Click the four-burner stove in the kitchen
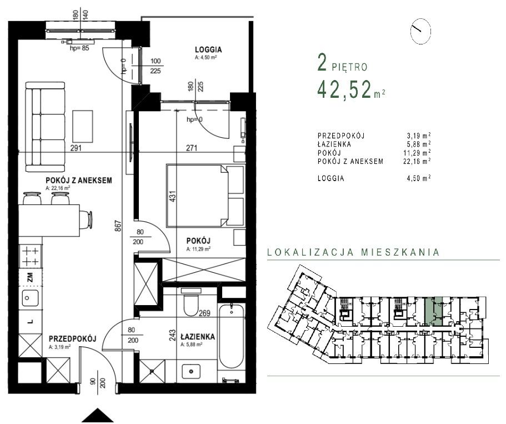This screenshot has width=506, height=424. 30,257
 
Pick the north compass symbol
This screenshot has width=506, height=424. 420,32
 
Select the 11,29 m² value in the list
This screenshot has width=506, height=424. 418,152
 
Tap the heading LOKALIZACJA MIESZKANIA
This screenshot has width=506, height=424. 353,252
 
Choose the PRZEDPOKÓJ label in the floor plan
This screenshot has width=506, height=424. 73,338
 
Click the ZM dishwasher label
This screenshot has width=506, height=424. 29,276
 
